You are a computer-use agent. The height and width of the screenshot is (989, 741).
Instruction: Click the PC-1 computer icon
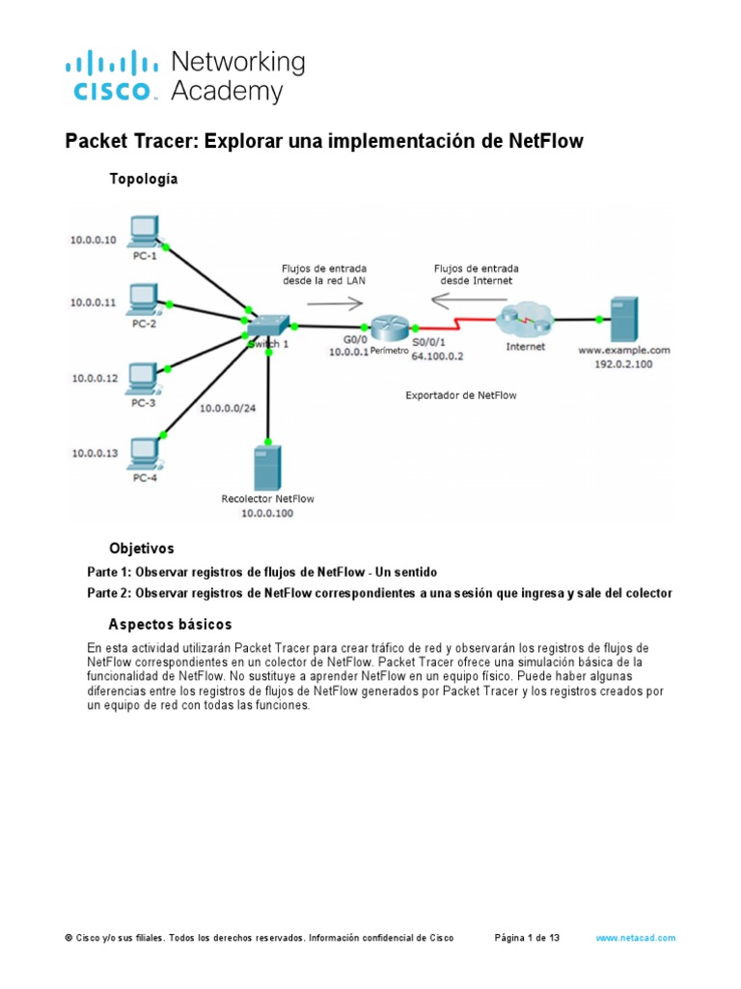(x=144, y=230)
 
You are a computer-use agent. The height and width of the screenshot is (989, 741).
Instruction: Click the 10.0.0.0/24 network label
(x=228, y=409)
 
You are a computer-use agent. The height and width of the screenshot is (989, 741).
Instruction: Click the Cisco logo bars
(x=111, y=66)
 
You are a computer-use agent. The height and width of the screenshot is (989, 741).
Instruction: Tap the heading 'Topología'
(x=143, y=179)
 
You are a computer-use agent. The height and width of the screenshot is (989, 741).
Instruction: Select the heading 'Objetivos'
(x=142, y=548)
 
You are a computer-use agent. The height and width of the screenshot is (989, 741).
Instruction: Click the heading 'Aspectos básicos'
(x=170, y=624)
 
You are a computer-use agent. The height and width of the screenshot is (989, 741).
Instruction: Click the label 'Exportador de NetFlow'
(x=461, y=395)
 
